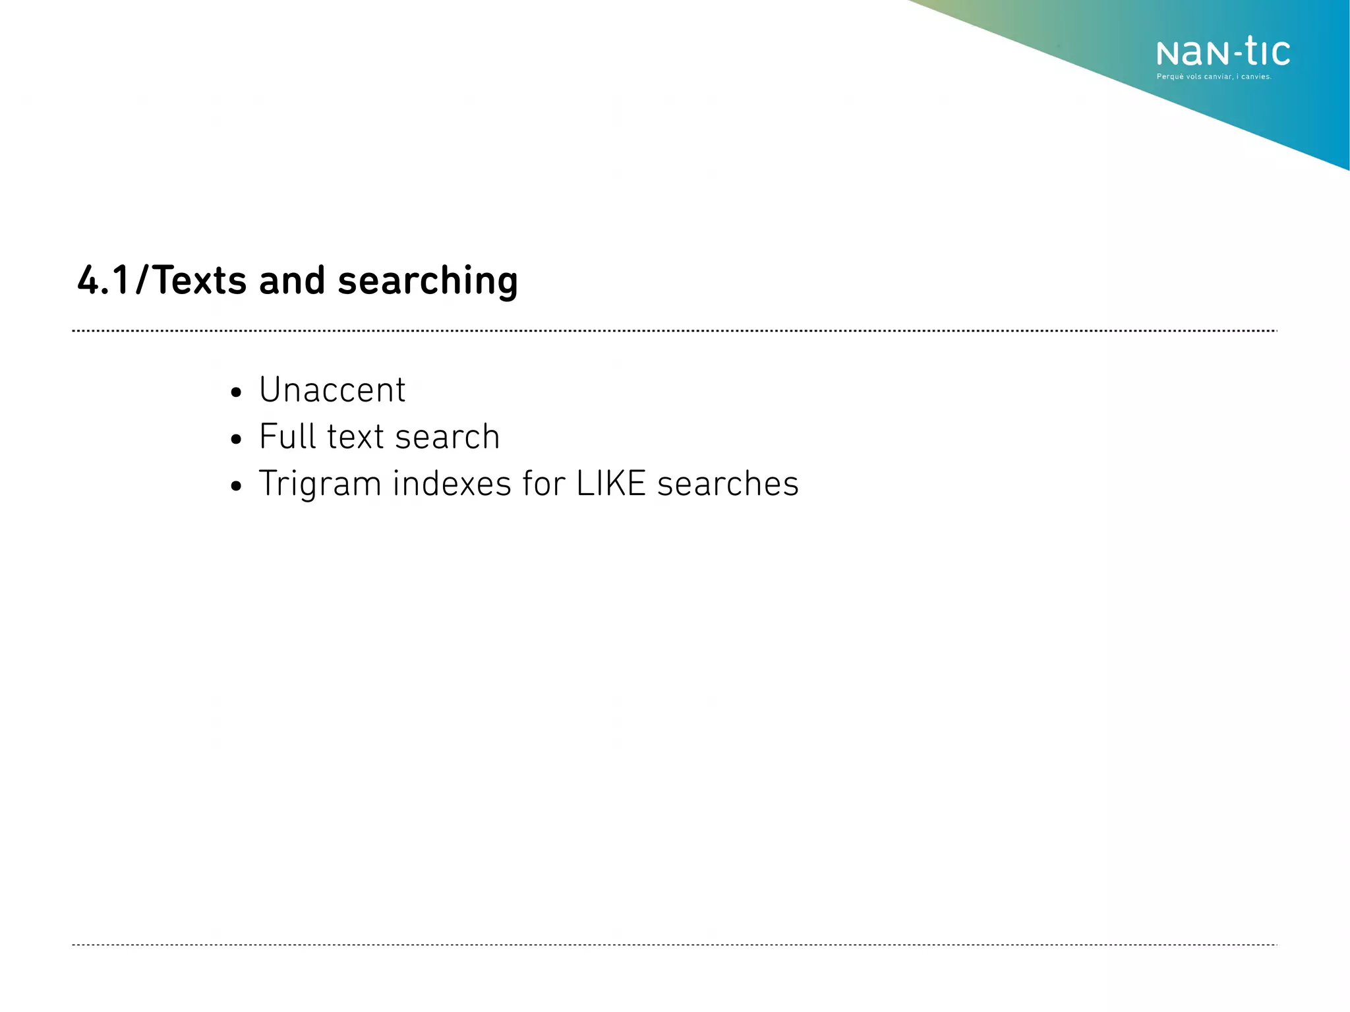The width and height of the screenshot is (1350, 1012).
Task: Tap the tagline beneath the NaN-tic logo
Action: (1214, 77)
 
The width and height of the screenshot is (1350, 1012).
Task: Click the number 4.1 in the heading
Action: (103, 280)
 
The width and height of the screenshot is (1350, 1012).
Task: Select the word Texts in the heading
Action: (200, 280)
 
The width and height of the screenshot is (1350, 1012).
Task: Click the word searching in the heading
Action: (428, 282)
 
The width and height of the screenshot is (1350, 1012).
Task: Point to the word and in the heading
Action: (292, 280)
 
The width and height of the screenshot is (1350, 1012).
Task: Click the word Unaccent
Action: (332, 390)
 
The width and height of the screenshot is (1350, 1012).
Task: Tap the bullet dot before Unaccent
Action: (237, 394)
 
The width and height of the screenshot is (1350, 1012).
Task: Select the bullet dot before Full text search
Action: (237, 440)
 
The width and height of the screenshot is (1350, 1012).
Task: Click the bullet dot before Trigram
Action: (237, 487)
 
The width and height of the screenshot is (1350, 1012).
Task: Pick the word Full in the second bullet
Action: (287, 436)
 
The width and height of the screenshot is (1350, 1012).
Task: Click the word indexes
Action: (452, 483)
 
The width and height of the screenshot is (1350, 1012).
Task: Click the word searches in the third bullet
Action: (728, 483)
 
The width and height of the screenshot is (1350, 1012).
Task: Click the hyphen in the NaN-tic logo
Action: (1229, 52)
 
